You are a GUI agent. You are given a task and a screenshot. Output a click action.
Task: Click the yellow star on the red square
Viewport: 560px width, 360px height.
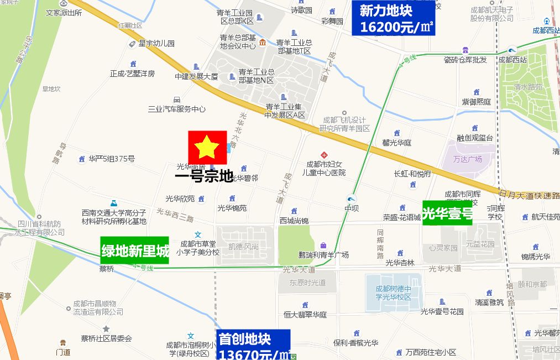(207, 147)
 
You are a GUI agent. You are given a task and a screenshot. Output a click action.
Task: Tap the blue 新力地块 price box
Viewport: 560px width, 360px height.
(393, 18)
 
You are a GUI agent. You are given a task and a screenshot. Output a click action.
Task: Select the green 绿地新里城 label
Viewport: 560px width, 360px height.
(134, 251)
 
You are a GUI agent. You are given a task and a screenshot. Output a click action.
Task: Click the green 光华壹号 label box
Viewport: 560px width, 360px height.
(447, 212)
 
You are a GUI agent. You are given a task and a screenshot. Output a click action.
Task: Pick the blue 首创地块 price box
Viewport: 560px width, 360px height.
(253, 345)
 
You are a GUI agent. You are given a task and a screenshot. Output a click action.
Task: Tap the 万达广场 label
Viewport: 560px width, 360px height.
(468, 159)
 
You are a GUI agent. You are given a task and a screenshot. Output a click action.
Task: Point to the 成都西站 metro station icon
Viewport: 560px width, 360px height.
(512, 49)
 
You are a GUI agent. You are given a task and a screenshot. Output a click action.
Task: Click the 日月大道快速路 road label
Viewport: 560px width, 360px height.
(529, 195)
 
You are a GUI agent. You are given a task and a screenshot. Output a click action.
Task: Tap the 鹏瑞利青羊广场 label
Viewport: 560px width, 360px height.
(323, 255)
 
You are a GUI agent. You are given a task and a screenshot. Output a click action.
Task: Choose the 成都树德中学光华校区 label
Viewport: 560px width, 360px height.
(394, 293)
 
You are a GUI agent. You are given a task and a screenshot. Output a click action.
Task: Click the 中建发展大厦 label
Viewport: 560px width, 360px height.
(196, 76)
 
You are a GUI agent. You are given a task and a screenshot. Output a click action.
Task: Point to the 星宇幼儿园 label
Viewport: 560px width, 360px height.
(156, 43)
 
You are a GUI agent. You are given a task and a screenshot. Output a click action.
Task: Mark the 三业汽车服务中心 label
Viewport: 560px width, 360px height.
(176, 109)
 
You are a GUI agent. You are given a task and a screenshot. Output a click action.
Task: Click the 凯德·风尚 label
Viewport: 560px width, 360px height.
(243, 247)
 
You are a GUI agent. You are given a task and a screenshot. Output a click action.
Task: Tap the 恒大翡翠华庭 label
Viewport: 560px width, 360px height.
(305, 315)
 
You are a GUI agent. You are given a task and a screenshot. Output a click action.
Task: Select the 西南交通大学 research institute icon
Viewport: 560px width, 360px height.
(113, 202)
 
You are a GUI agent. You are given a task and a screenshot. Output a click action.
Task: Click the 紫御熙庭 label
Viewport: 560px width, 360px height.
(477, 102)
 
